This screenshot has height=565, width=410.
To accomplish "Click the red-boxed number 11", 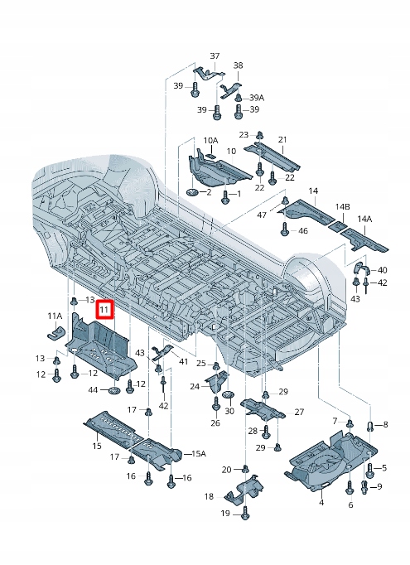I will (x=104, y=310).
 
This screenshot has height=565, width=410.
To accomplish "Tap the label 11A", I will (x=54, y=316).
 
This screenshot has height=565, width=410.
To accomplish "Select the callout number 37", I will (x=215, y=56).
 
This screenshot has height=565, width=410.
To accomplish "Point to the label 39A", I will (x=257, y=98).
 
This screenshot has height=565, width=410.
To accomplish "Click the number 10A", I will (x=210, y=141).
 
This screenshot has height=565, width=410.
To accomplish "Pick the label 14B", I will (x=342, y=205).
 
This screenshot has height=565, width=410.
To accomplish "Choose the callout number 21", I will (x=282, y=139).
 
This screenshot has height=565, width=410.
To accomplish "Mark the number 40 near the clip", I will (x=382, y=270).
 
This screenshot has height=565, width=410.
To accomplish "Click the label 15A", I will (x=198, y=453).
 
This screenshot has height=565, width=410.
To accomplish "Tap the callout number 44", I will (x=93, y=389).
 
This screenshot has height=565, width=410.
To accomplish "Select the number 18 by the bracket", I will (x=209, y=496).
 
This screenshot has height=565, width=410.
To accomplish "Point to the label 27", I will (x=299, y=412).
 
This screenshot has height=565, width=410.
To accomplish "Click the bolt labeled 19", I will (x=246, y=514).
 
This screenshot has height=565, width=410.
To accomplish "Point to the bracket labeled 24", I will (x=217, y=382).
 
